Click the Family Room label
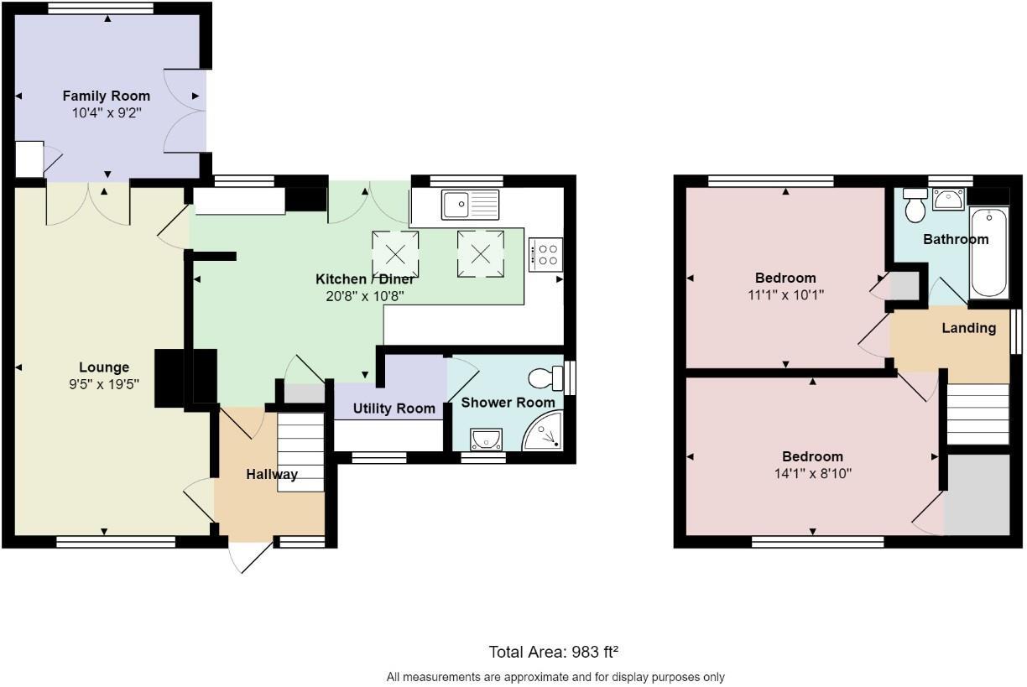[107, 96]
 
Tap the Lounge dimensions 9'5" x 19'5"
[104, 383]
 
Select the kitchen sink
[470, 204]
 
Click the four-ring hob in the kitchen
[545, 254]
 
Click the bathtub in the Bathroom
[989, 253]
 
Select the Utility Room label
[394, 409]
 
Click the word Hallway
[272, 474]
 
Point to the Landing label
[968, 328]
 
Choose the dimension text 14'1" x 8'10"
[812, 473]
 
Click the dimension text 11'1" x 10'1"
[785, 294]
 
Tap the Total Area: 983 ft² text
[554, 652]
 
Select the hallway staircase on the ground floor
[300, 453]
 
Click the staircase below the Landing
[977, 414]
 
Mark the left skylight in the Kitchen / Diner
[395, 254]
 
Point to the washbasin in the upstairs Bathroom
[948, 199]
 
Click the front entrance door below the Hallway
[252, 555]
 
